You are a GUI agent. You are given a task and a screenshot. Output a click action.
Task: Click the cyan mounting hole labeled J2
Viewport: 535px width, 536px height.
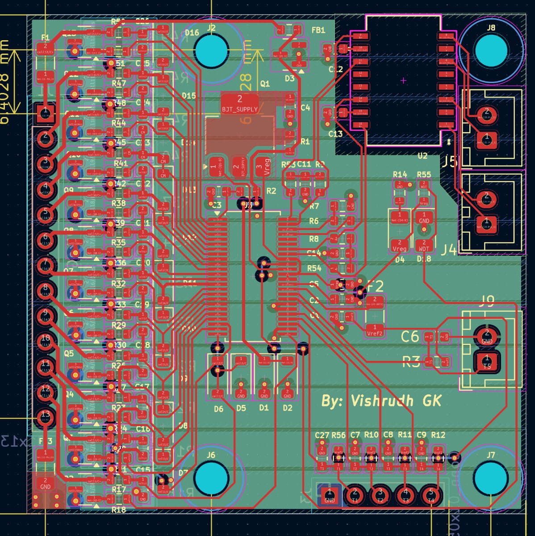pyautogui.click(x=211, y=49)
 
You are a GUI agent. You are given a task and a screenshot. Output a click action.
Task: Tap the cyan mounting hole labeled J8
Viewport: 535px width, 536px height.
pyautogui.click(x=491, y=50)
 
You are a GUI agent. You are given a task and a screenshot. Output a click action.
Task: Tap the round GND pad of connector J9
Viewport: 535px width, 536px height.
pyautogui.click(x=486, y=336)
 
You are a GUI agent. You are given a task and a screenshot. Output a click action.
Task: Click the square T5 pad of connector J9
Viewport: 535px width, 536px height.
pyautogui.click(x=487, y=361)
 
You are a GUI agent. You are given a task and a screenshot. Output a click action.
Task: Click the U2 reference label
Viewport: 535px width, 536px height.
pyautogui.click(x=422, y=156)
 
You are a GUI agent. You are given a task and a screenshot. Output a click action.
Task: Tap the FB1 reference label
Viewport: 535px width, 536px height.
pyautogui.click(x=318, y=30)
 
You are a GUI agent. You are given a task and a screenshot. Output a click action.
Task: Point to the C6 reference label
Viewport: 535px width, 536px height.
pyautogui.click(x=410, y=336)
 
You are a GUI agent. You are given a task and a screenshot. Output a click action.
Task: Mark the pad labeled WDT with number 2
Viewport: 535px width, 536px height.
pyautogui.click(x=424, y=246)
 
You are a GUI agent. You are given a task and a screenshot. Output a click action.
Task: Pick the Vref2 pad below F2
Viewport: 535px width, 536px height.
pyautogui.click(x=375, y=331)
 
